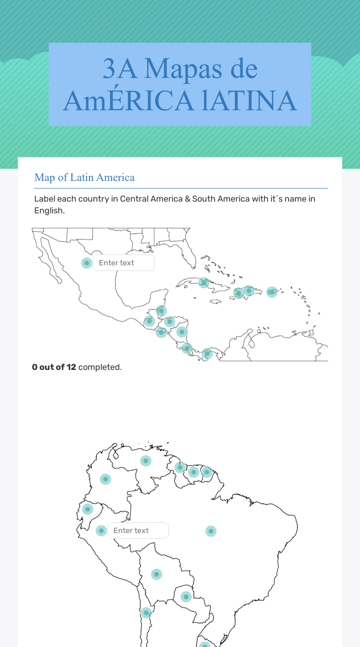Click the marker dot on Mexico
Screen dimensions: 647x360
[87, 263]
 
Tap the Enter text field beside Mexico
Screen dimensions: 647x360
[124, 263]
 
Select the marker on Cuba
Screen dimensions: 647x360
[204, 282]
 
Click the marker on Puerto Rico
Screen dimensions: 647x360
[272, 292]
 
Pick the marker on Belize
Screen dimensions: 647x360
[161, 310]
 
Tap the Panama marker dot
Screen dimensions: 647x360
[207, 354]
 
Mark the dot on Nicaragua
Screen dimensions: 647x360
[182, 332]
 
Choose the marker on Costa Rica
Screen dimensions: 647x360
[187, 348]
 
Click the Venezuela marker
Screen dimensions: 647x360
[146, 461]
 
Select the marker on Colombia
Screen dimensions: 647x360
[106, 479]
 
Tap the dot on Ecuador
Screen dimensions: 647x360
[88, 509]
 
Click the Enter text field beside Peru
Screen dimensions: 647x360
[138, 531]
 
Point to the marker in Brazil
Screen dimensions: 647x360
[211, 531]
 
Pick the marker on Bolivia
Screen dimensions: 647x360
[157, 574]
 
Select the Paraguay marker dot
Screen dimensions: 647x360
[186, 597]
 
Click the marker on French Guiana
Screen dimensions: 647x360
[207, 472]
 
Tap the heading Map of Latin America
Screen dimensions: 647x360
[84, 177]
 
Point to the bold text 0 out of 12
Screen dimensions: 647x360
[54, 367]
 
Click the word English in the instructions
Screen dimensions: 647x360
[49, 211]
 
